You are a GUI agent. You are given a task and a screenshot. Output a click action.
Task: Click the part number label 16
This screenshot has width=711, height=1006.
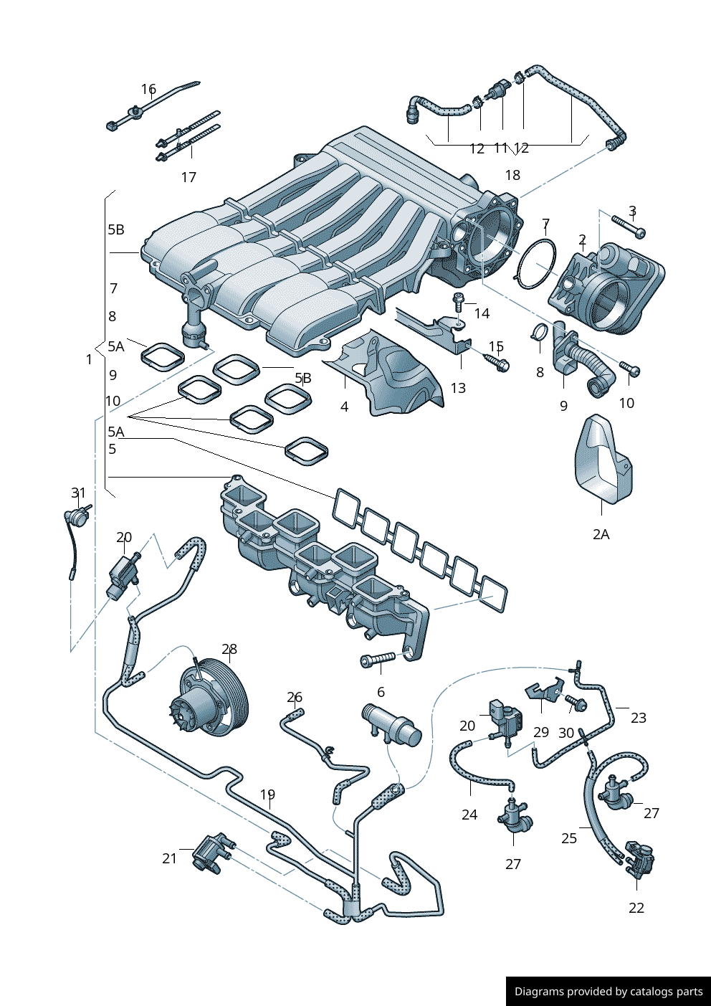click(x=148, y=89)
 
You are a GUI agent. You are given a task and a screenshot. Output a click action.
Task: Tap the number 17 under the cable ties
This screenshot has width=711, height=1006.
click(x=189, y=177)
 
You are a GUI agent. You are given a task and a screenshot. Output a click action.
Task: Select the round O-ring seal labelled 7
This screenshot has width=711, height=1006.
click(x=535, y=264)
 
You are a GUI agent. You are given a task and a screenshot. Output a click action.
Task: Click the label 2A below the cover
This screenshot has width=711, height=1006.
click(x=601, y=534)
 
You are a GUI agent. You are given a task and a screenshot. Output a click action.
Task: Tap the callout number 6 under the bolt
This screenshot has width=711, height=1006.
click(x=381, y=692)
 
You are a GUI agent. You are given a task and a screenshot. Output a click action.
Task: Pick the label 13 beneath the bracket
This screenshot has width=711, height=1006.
click(x=458, y=388)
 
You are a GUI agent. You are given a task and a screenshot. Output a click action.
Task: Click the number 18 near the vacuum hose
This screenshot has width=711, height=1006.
click(x=512, y=175)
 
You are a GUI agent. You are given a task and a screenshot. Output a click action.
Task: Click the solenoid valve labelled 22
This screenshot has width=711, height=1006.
click(x=639, y=860)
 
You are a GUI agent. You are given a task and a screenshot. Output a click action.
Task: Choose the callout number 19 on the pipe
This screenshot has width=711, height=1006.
click(x=267, y=794)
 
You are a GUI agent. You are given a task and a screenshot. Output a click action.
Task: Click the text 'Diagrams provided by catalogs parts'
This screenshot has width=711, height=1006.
click(x=609, y=992)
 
